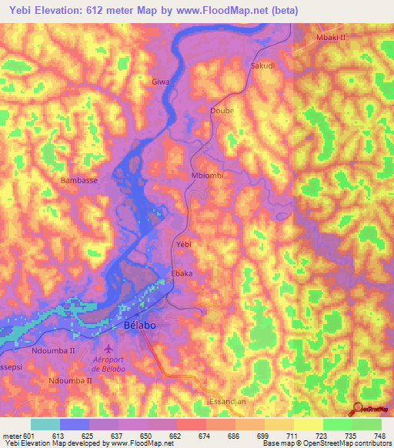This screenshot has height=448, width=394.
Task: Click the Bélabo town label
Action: pyautogui.click(x=141, y=327)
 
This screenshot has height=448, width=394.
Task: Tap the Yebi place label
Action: pyautogui.click(x=183, y=244)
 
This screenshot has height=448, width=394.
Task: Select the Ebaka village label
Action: pyautogui.click(x=182, y=273)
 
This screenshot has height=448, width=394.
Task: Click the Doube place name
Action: pyautogui.click(x=222, y=111)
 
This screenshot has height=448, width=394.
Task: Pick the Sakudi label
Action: pyautogui.click(x=263, y=66)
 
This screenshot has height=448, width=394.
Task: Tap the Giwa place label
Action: pyautogui.click(x=160, y=82)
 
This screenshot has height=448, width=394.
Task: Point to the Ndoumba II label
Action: pyautogui.click(x=53, y=350)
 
